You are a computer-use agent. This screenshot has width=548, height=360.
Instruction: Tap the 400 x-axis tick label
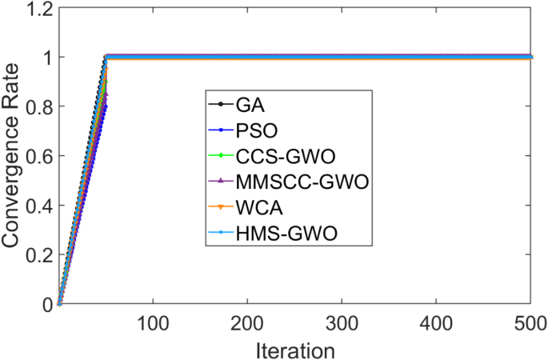(436, 324)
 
